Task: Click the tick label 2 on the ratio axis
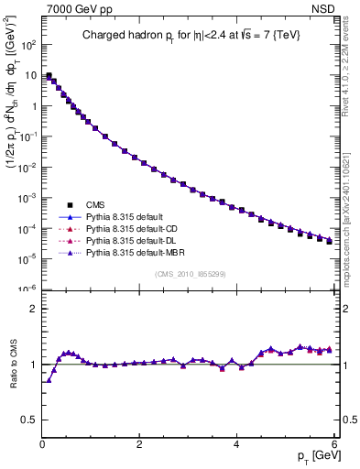[x=34, y=309]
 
